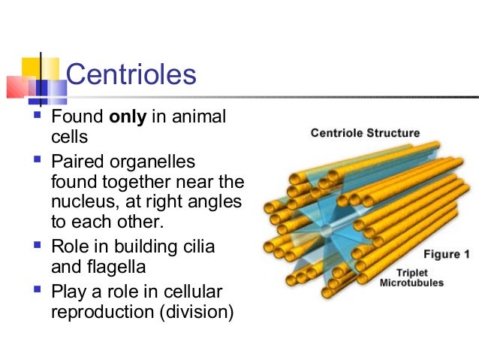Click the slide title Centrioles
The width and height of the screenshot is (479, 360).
[x=131, y=75]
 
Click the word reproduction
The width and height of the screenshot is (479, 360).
[x=100, y=310]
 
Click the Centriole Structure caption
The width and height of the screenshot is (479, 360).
[x=366, y=134]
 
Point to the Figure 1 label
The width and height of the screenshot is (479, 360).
[x=445, y=254]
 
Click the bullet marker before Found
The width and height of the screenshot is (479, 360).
[x=36, y=118]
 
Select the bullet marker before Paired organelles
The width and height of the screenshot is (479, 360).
[x=36, y=162]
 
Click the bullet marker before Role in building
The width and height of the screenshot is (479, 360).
[x=36, y=245]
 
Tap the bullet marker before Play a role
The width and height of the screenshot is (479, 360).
[x=36, y=290]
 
